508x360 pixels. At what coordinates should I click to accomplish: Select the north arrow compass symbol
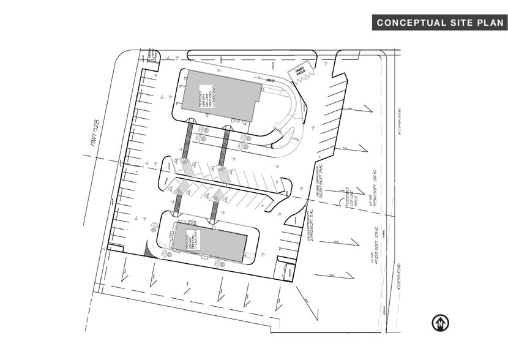tap(440, 323)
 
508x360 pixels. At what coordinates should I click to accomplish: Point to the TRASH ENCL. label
tap(299, 72)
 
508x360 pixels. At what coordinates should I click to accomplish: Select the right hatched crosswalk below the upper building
tap(225, 147)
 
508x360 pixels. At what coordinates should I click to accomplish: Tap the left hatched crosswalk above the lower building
tap(179, 203)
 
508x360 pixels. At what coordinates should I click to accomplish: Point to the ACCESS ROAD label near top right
tap(399, 120)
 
